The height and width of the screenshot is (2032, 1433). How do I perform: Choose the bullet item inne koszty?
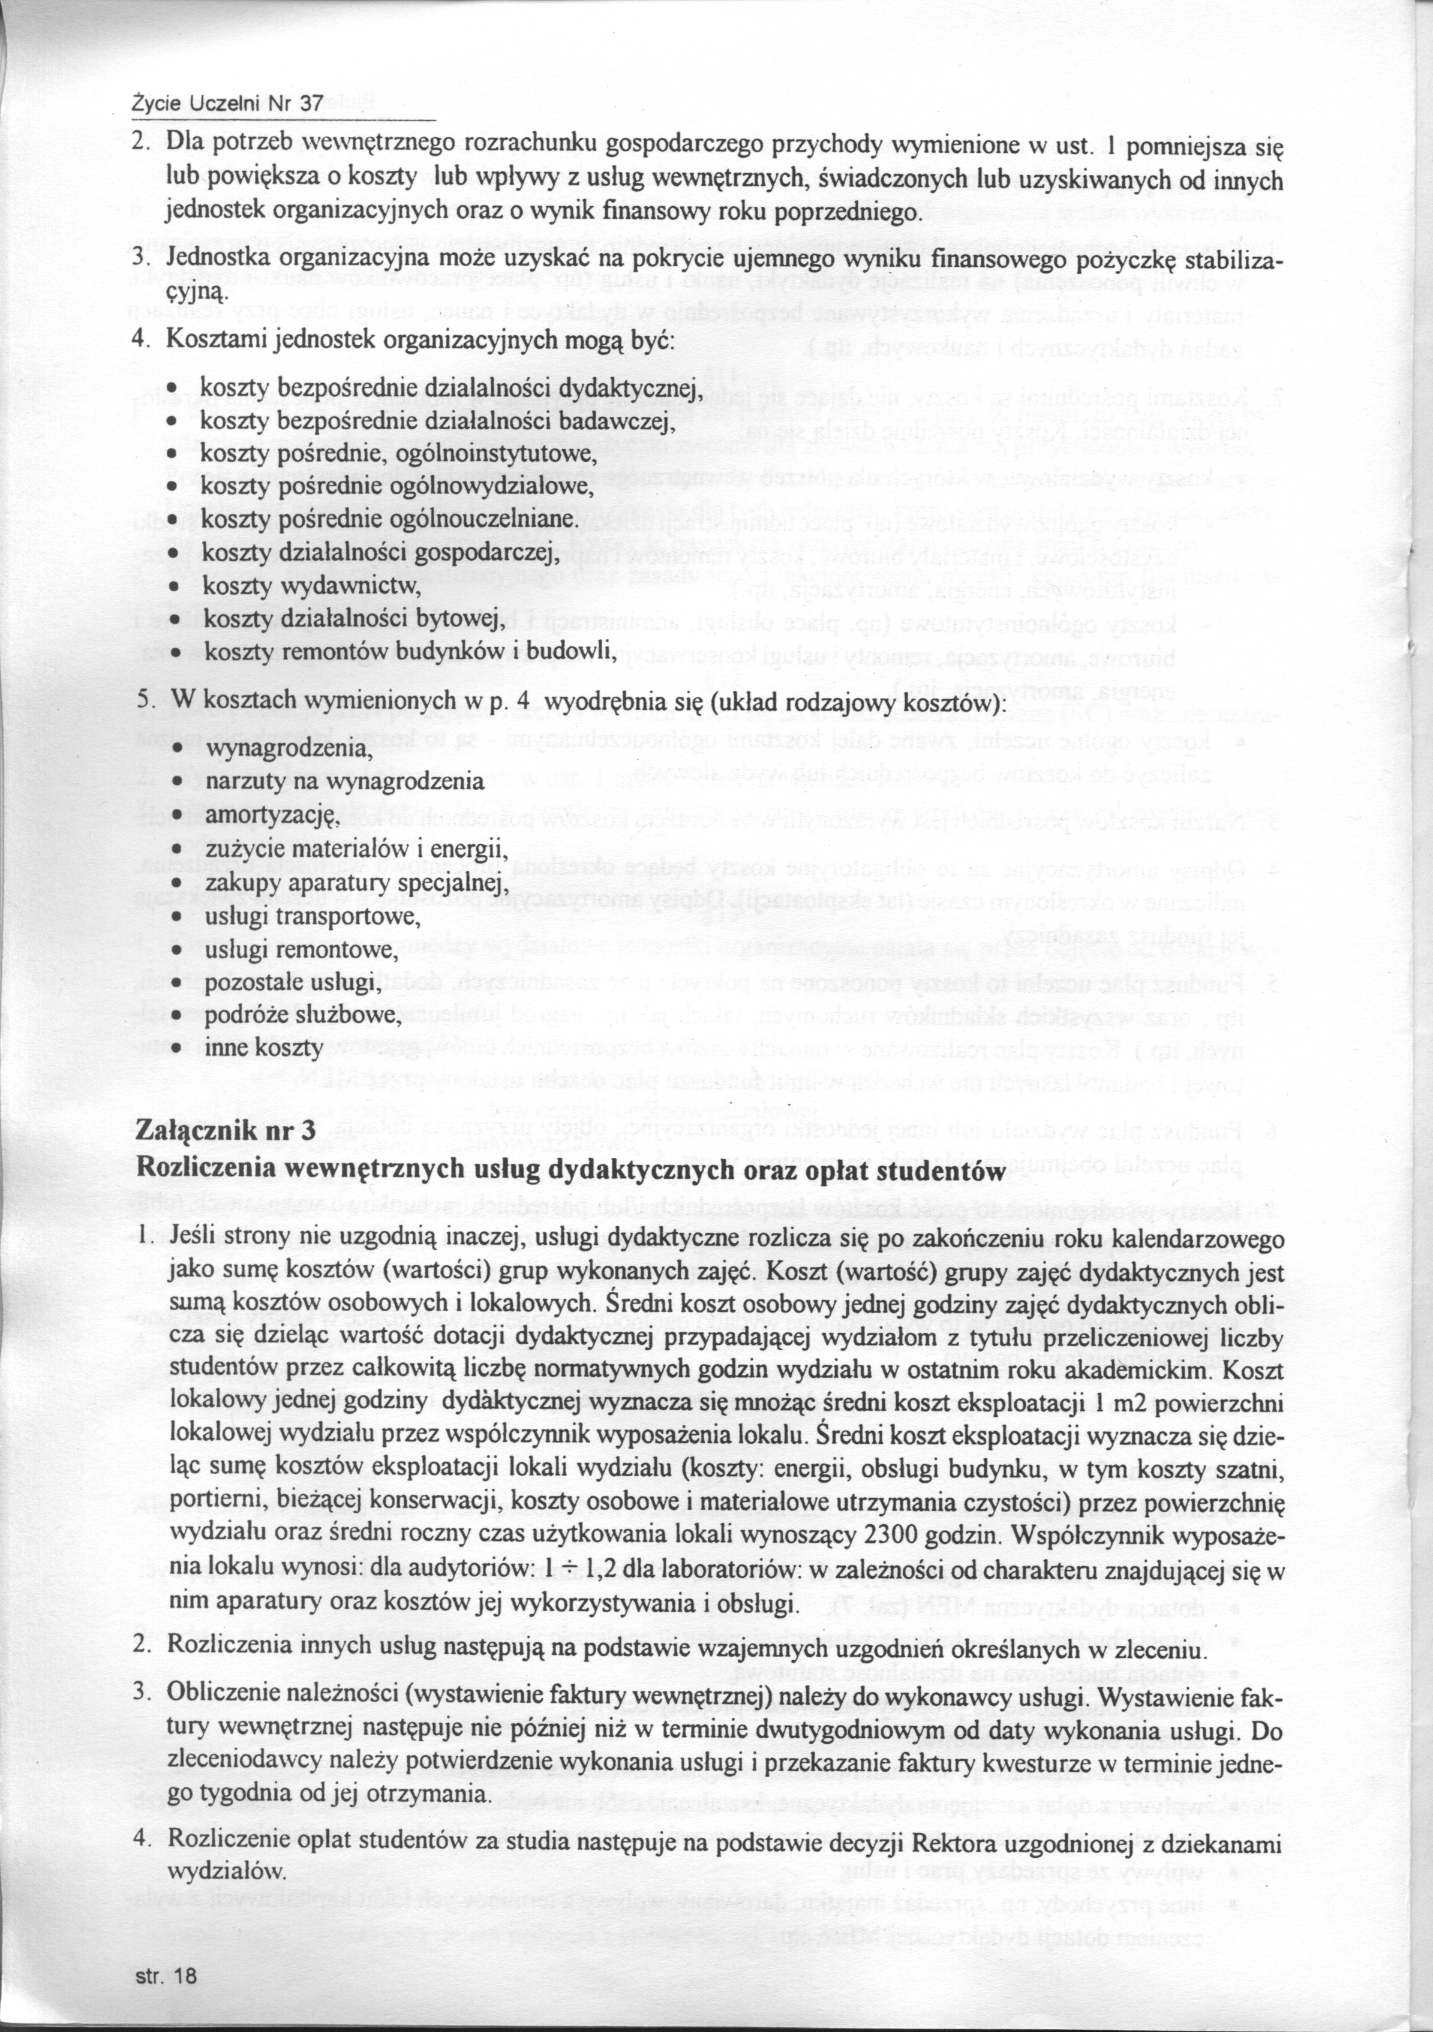click(x=262, y=1049)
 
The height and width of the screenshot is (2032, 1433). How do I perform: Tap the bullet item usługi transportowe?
click(x=300, y=916)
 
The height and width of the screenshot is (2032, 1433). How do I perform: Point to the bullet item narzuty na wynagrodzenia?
click(x=345, y=781)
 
